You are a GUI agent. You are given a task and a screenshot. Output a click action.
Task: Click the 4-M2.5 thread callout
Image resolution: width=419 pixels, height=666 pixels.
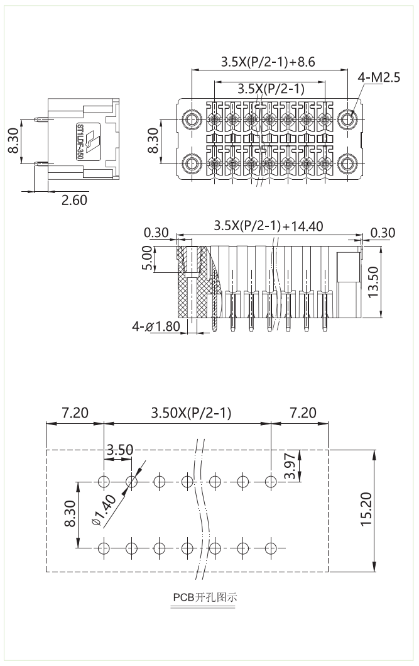pyautogui.click(x=379, y=78)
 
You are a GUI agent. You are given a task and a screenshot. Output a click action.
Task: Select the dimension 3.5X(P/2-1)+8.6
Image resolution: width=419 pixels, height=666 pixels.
pyautogui.click(x=268, y=62)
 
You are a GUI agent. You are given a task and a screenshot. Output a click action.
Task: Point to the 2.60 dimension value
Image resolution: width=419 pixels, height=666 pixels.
pyautogui.click(x=74, y=200)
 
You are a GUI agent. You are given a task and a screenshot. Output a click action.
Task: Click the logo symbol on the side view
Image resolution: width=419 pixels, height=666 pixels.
pyautogui.click(x=92, y=141)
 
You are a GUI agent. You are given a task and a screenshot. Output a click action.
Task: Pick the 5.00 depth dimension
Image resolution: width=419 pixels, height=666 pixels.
pyautogui.click(x=146, y=258)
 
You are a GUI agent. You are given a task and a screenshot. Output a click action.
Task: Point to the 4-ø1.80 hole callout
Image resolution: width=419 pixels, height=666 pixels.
pyautogui.click(x=156, y=327)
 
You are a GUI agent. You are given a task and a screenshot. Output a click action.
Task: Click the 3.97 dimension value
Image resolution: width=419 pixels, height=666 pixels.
pyautogui.click(x=289, y=466)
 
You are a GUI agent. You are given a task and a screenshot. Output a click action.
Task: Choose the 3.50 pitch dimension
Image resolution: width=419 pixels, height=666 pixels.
pyautogui.click(x=119, y=450)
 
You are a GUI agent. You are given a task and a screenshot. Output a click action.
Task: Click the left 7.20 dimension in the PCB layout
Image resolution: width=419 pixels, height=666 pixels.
pyautogui.click(x=75, y=413)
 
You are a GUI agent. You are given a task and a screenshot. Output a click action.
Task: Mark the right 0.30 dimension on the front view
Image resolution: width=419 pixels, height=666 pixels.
pyautogui.click(x=383, y=233)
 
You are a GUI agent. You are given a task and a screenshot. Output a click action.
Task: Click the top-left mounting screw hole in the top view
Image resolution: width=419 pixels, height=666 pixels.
pyautogui.click(x=192, y=119)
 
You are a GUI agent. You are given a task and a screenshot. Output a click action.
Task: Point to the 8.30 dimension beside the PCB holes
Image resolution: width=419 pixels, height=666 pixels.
pyautogui.click(x=70, y=513)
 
